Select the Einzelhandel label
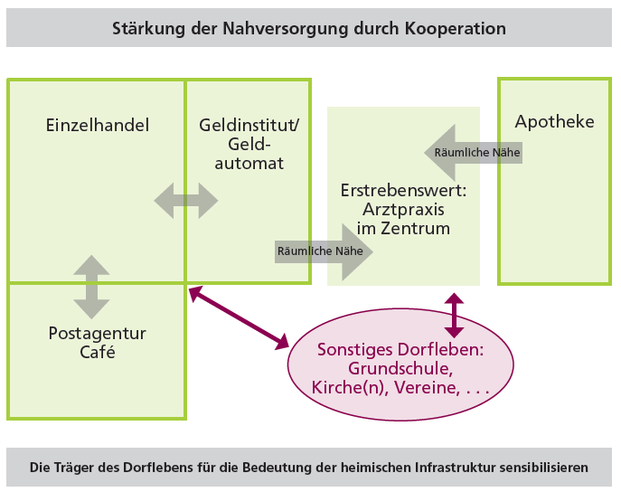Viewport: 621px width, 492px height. [x=97, y=125]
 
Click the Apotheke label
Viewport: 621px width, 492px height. [x=554, y=121]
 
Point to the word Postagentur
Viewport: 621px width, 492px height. [x=97, y=334]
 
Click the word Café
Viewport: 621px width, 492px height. [x=97, y=353]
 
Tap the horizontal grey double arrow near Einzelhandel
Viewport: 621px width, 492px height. [x=186, y=200]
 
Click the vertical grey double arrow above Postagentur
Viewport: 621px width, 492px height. [x=91, y=287]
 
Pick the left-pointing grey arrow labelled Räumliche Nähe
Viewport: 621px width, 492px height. [x=473, y=153]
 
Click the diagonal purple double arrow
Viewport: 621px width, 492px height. [x=239, y=317]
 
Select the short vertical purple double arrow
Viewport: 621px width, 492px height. [x=454, y=316]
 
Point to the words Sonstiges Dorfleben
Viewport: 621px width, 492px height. [x=400, y=349]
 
